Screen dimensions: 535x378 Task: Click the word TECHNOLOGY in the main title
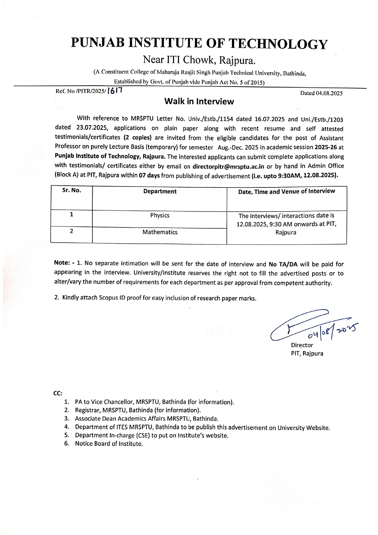tap(278, 44)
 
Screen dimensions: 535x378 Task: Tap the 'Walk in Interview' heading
tap(199, 102)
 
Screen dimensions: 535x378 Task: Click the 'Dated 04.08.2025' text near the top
tap(321, 93)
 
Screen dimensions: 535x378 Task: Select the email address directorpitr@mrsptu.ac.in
tap(228, 166)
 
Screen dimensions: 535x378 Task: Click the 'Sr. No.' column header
tap(72, 191)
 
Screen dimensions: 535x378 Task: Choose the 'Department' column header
tap(160, 191)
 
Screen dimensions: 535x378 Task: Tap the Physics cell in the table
tap(160, 216)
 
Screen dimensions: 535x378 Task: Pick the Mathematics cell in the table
tap(160, 232)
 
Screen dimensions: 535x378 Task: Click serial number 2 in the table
tap(71, 231)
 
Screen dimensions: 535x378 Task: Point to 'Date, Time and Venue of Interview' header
tap(287, 191)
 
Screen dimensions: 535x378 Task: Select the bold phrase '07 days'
tap(149, 175)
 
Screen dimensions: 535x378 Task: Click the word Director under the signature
tap(302, 345)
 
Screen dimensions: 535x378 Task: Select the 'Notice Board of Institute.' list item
tap(109, 444)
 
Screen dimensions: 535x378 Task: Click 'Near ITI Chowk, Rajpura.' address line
tap(199, 60)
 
